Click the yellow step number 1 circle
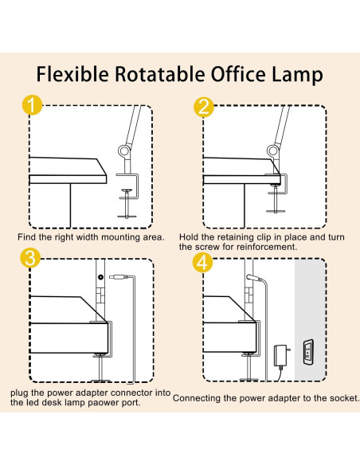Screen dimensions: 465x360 (30, 107)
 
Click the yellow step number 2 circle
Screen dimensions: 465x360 (203, 107)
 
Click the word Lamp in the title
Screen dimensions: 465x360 (295, 74)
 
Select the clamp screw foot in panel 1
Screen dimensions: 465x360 (129, 213)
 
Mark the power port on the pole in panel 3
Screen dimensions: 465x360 (100, 276)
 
